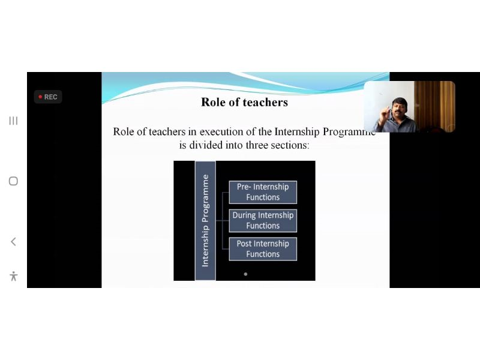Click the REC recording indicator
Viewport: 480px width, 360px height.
[x=48, y=97]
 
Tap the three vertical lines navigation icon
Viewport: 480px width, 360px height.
[x=13, y=121]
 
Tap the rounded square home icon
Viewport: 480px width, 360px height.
[x=13, y=181]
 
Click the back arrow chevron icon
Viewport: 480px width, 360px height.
[x=13, y=242]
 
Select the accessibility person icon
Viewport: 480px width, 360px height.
[x=13, y=276]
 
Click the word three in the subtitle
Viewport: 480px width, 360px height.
[x=257, y=145]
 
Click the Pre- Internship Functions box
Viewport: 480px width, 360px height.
[x=263, y=192]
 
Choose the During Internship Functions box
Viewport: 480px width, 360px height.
[x=263, y=220]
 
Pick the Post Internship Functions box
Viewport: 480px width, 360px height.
[x=263, y=249]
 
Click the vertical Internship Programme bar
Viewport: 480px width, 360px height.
[x=205, y=220]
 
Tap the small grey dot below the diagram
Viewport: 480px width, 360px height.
[x=245, y=274]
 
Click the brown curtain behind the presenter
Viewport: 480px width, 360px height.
[x=434, y=106]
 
